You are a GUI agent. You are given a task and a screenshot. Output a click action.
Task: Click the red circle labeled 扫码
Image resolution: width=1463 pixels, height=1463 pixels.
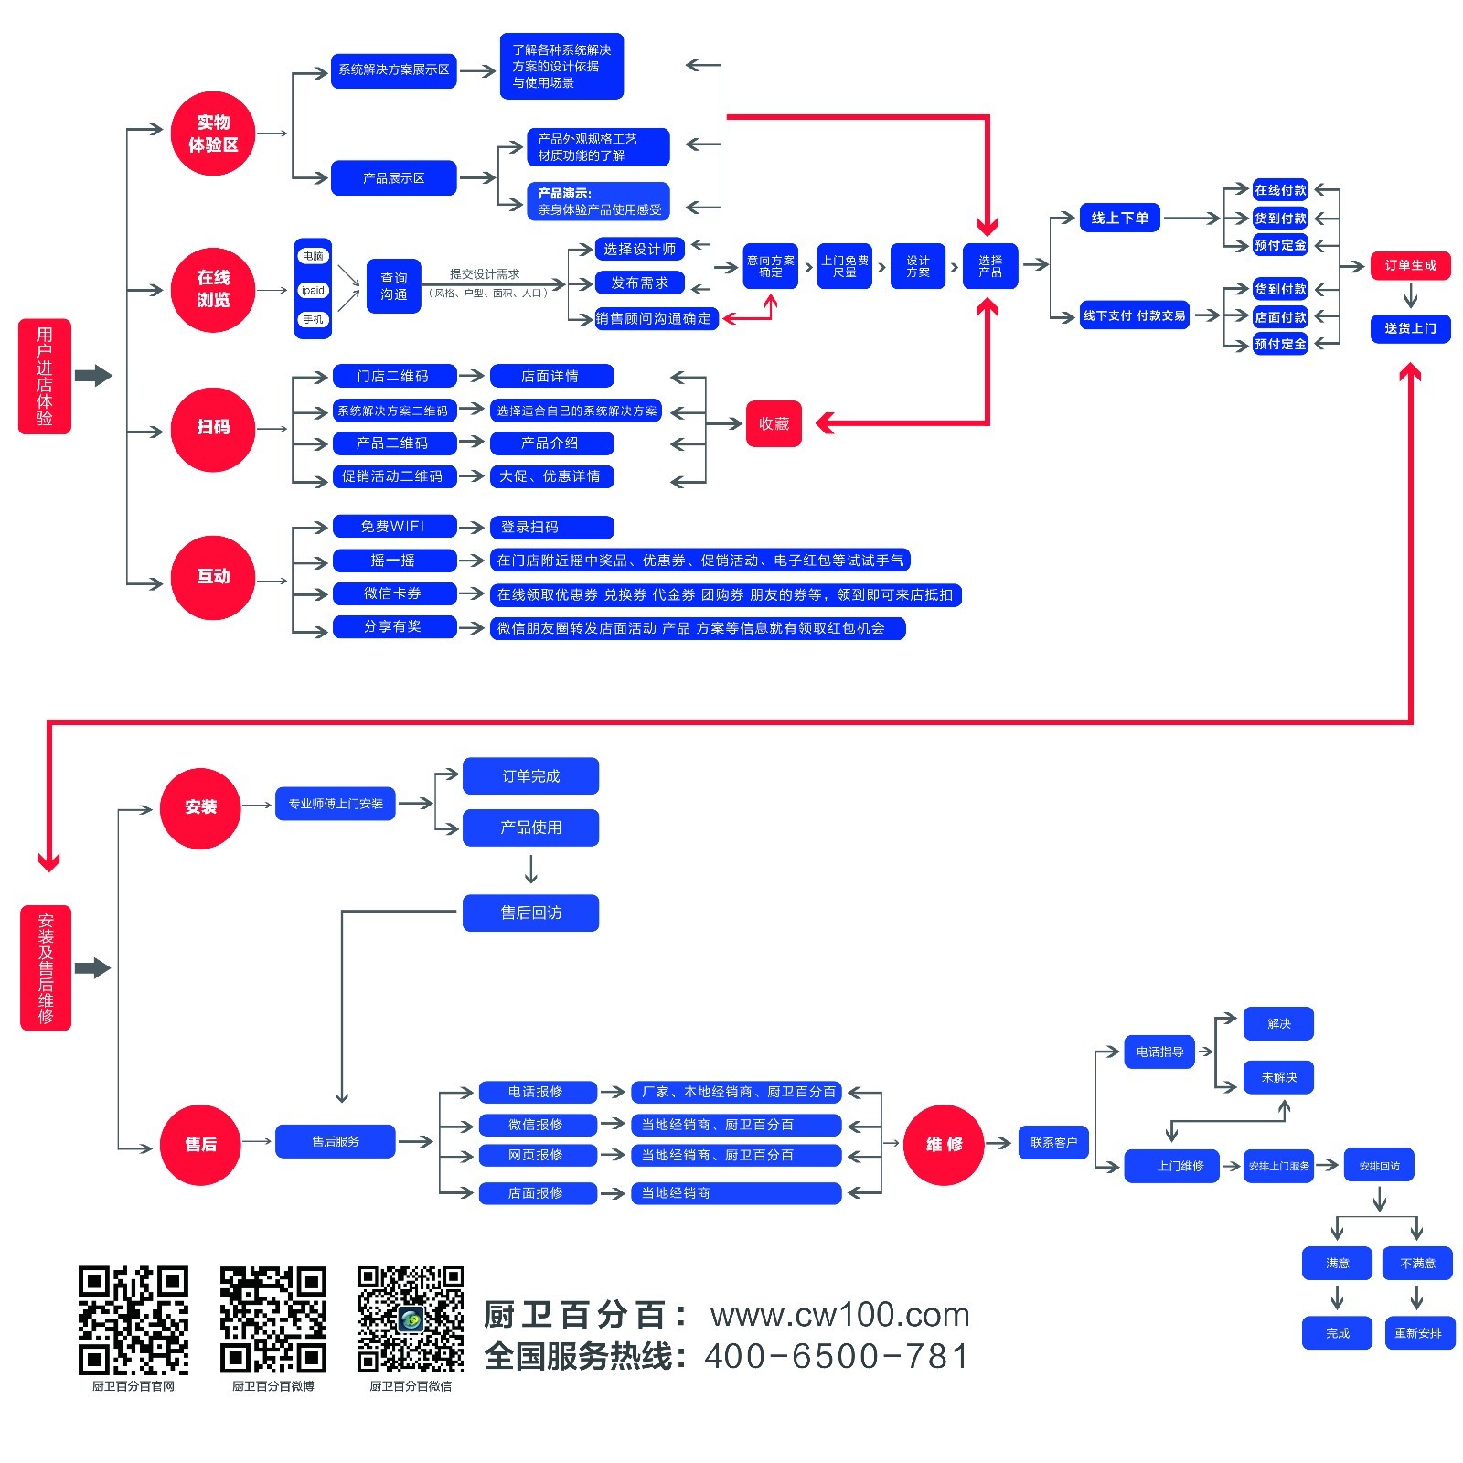[212, 429]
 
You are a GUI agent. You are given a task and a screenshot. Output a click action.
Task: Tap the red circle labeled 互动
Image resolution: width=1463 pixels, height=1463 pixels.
[212, 578]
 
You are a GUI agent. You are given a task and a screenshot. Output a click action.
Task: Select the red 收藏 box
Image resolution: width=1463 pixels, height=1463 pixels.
[774, 423]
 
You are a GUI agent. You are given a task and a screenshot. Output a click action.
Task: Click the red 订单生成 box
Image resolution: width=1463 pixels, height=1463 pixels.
[1410, 265]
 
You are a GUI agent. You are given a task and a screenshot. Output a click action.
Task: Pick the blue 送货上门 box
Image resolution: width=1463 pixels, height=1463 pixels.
[1410, 328]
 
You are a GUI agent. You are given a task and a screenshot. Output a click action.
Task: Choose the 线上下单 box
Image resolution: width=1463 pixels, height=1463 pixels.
[1119, 218]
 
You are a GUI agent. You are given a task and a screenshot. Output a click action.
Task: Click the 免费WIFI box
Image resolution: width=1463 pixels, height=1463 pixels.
[393, 527]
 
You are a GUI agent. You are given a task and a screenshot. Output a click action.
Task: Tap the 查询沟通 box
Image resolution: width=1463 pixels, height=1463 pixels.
[393, 286]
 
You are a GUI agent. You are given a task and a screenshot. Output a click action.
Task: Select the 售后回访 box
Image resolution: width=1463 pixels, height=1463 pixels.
[530, 913]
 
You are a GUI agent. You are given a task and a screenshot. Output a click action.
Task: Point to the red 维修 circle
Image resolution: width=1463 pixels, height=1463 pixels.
[944, 1145]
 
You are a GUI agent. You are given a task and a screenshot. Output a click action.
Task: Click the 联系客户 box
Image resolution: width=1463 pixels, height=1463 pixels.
[1053, 1142]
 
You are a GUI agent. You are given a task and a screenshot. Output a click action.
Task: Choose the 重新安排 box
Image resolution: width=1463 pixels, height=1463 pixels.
[1417, 1333]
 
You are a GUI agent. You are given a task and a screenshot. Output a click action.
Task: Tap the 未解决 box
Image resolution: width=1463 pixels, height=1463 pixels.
[1278, 1077]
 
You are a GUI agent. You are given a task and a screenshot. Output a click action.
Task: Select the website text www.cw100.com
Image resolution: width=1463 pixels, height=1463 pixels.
[839, 1315]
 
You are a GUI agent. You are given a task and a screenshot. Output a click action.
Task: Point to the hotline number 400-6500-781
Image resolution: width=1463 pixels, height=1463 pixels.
[836, 1356]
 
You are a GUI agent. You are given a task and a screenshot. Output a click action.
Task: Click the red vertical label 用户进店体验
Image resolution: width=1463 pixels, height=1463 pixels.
[45, 376]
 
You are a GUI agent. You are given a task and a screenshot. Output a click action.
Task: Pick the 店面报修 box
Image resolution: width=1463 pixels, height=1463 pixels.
[537, 1193]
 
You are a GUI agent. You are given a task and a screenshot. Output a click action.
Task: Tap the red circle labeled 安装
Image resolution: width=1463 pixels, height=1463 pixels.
[200, 807]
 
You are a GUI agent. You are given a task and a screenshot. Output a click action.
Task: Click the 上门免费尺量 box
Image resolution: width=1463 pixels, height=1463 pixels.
[844, 266]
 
